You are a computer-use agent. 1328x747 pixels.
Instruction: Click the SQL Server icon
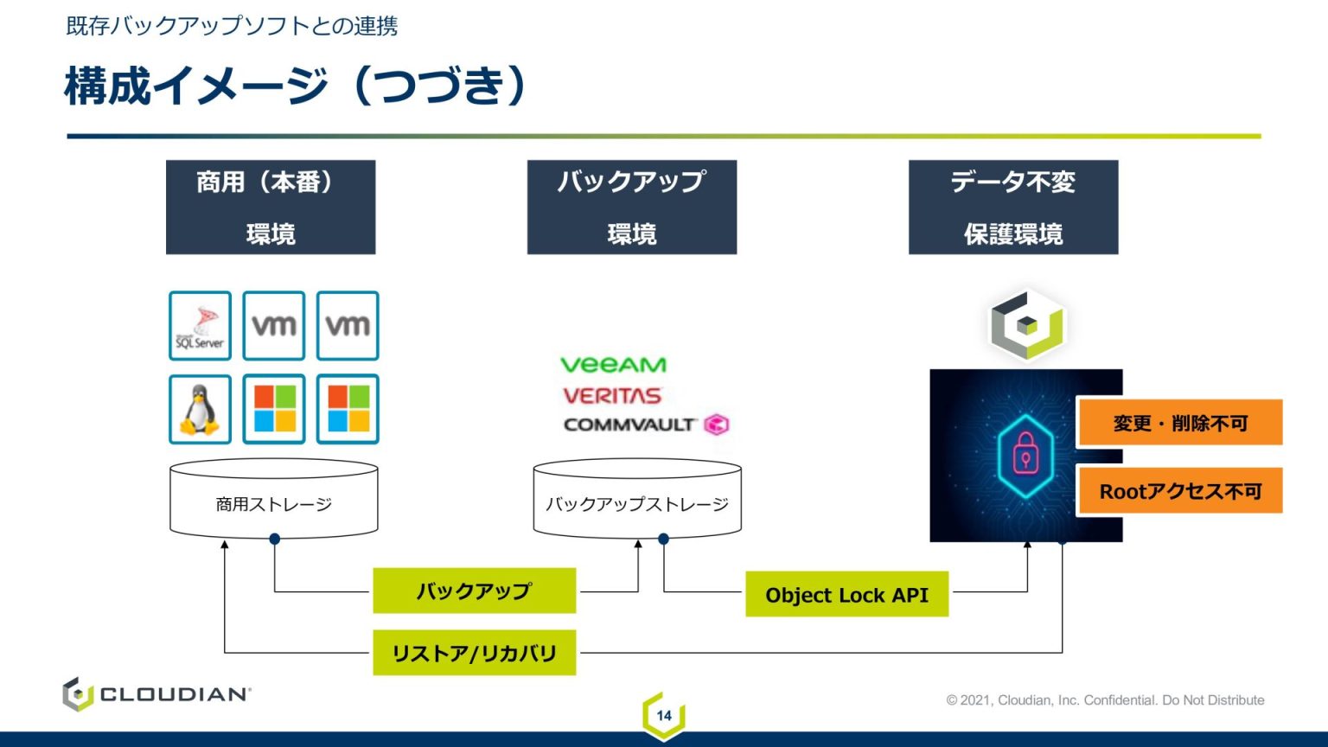click(x=200, y=326)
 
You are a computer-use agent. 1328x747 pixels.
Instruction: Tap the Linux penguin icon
click(x=200, y=409)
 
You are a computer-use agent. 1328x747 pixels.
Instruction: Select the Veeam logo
click(x=613, y=365)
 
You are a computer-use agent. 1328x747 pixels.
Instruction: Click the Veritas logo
click(x=612, y=396)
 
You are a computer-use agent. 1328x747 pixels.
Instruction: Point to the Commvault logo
click(x=645, y=425)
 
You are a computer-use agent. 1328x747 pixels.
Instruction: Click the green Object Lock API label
click(x=846, y=594)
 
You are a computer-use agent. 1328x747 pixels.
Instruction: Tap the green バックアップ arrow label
click(x=474, y=591)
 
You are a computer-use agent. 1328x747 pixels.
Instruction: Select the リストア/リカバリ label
click(x=474, y=653)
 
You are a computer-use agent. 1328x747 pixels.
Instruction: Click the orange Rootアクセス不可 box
click(x=1180, y=491)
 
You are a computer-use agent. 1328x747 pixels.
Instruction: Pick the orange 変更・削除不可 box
click(x=1180, y=423)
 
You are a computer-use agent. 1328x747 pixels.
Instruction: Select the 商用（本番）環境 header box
click(x=271, y=207)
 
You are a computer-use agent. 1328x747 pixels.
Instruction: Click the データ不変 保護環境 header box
click(x=1013, y=207)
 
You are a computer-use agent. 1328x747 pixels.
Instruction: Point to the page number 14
click(x=664, y=715)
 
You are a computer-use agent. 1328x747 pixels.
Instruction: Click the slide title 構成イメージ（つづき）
click(x=295, y=86)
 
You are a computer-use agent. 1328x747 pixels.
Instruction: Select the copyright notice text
click(x=1105, y=699)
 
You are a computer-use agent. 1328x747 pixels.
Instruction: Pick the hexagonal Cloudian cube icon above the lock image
click(x=1027, y=325)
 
